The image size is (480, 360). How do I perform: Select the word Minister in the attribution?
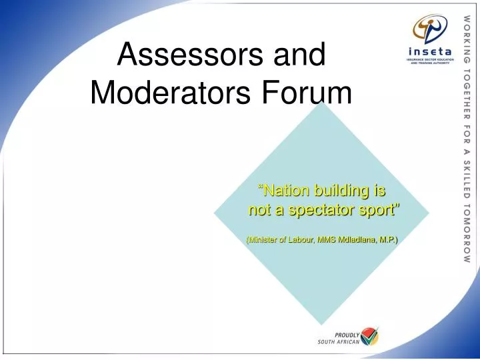click(262, 239)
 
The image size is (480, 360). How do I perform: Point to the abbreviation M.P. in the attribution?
click(389, 239)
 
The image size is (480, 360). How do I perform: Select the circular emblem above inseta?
click(430, 28)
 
